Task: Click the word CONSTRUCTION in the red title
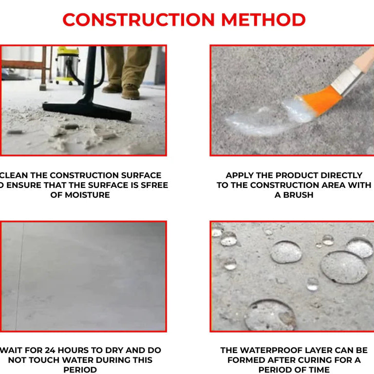[x=138, y=20]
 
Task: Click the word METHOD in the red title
[x=263, y=20]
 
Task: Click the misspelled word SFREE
[x=154, y=185]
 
